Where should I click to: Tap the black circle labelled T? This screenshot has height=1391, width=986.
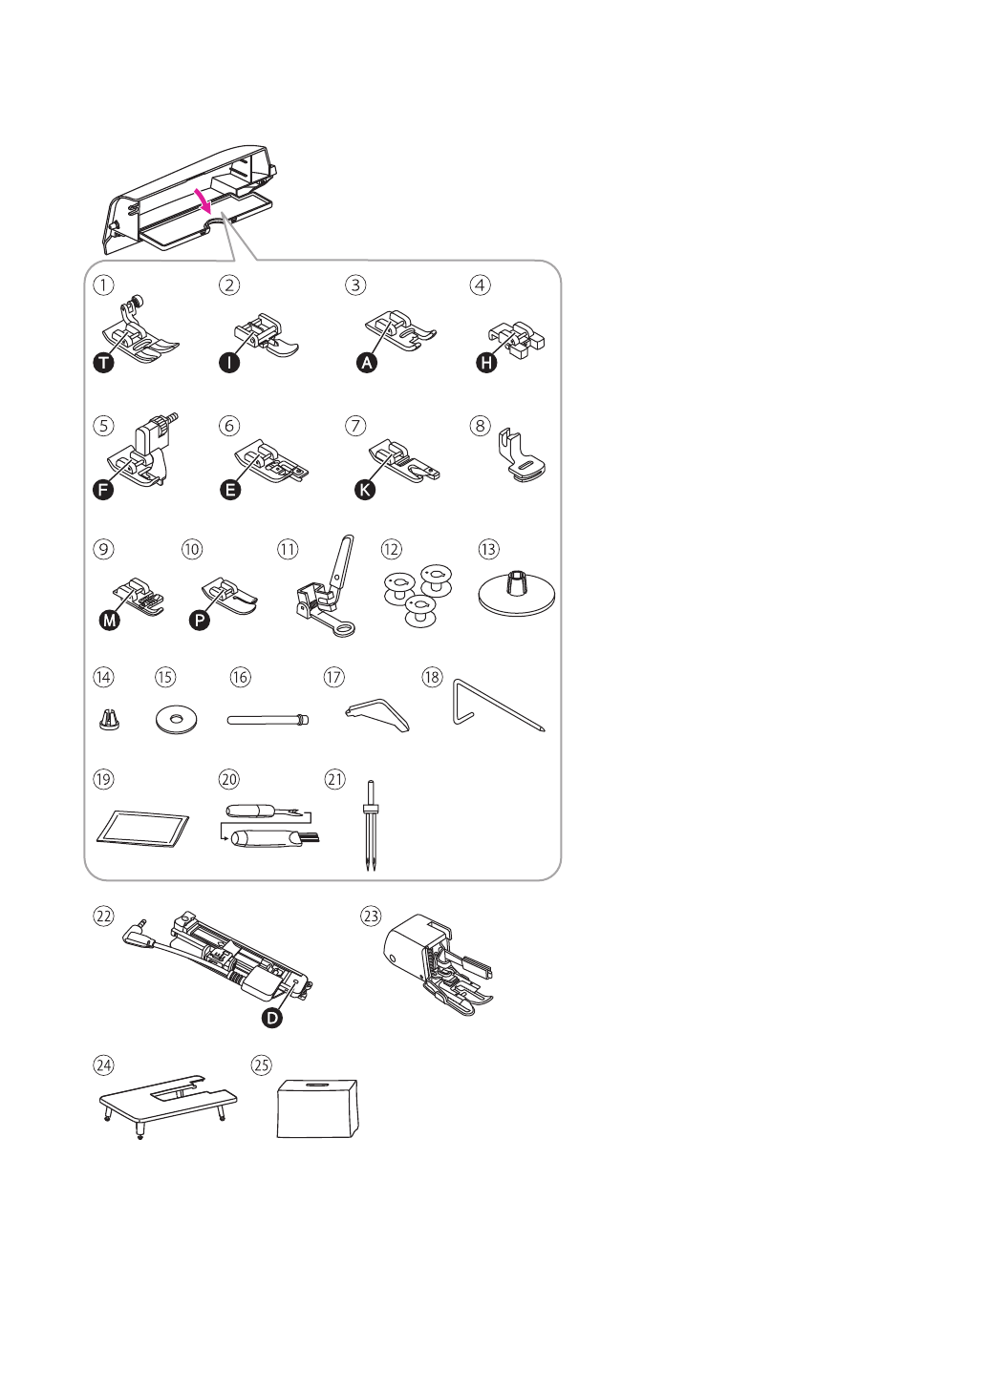pos(100,363)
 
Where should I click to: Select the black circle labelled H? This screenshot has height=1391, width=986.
pos(487,364)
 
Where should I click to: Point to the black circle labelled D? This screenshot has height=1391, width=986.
pos(272,1018)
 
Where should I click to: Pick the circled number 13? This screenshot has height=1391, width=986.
pos(488,549)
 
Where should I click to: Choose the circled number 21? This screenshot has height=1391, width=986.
pos(334,779)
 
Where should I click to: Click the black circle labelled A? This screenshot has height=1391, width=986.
pos(364,364)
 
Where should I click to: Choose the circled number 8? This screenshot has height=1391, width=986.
pos(481,425)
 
